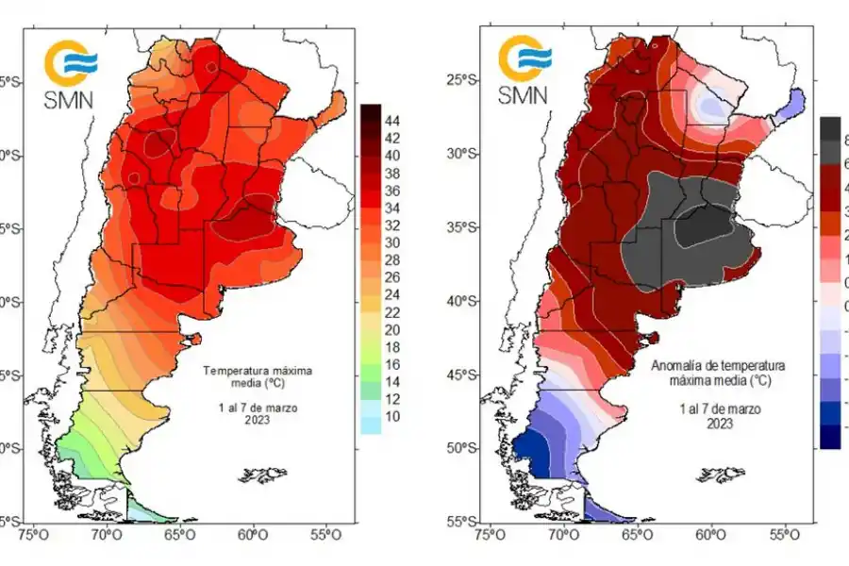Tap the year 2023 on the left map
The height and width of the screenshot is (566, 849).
pos(258,420)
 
